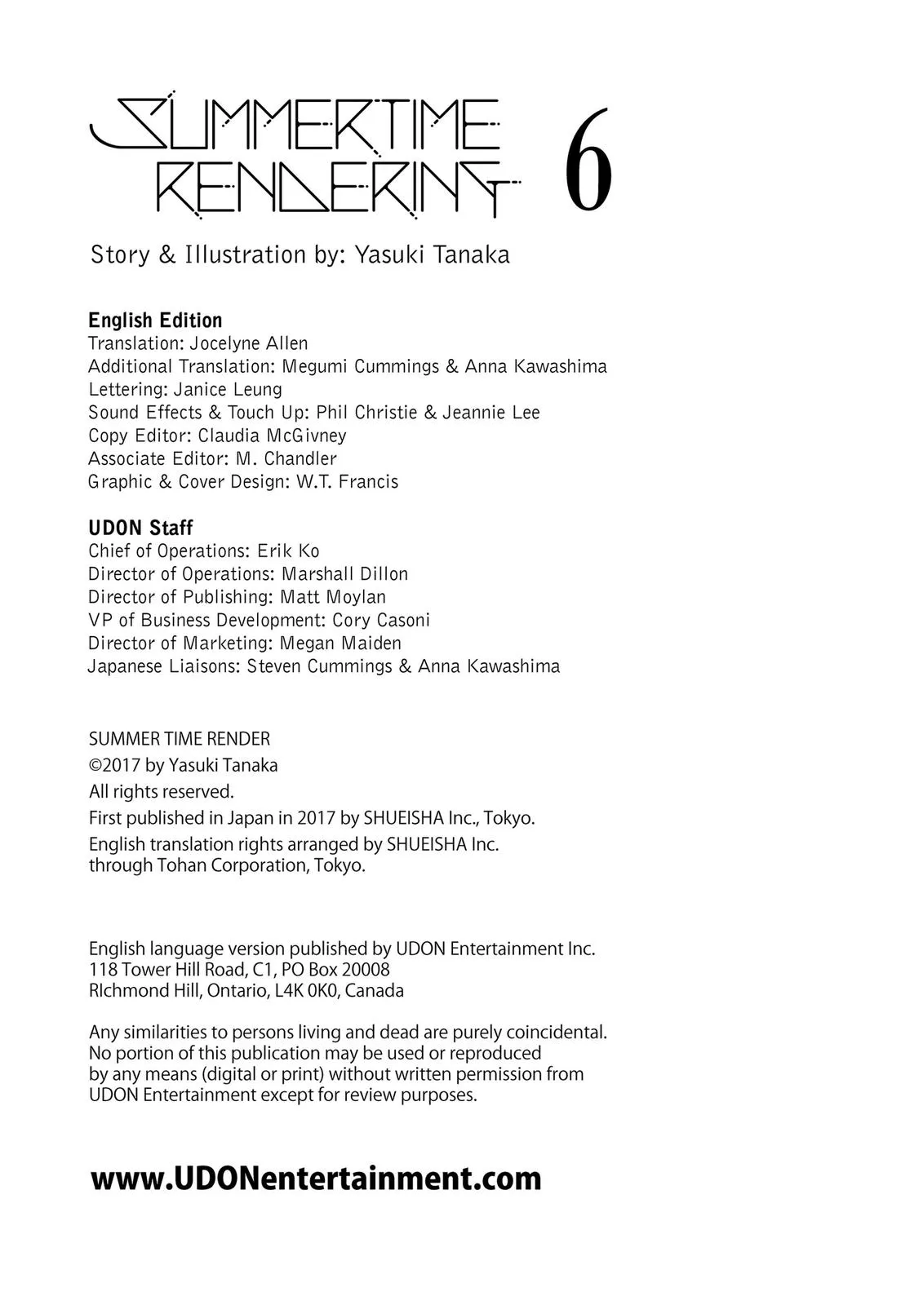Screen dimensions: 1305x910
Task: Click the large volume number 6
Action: (588, 160)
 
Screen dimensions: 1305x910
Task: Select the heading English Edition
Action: (155, 321)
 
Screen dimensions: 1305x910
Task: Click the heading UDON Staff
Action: (140, 528)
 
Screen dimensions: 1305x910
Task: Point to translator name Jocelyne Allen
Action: (249, 343)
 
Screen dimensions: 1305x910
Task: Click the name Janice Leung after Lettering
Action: (228, 389)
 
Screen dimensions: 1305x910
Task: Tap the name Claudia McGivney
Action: (272, 436)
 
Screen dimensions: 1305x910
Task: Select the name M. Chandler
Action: (286, 458)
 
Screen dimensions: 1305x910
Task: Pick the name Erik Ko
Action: (288, 551)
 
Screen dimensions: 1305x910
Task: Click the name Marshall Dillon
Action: (344, 573)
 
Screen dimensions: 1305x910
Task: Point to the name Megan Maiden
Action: (340, 643)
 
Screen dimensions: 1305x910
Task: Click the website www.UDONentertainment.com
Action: (316, 1179)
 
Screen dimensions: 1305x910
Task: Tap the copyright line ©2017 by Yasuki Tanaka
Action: (183, 765)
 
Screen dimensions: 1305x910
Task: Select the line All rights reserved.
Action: (161, 791)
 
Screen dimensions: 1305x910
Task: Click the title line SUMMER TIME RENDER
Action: (179, 739)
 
